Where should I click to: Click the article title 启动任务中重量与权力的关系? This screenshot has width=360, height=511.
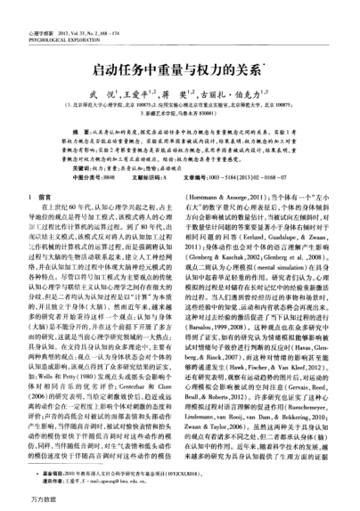click(x=179, y=45)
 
